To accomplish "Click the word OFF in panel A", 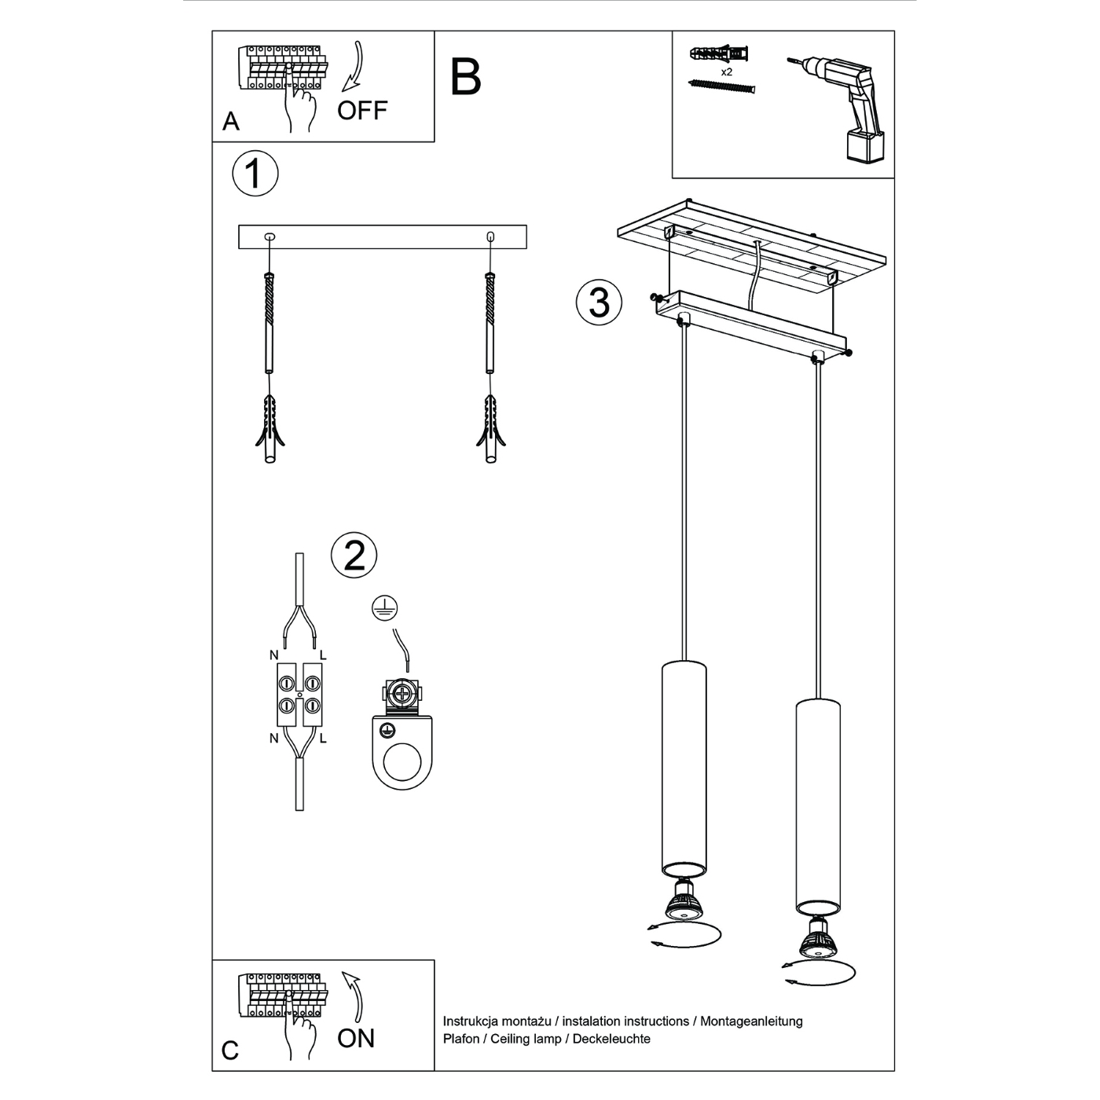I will coord(362,111).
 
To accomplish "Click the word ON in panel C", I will coord(356,1039).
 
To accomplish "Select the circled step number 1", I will coord(255,174).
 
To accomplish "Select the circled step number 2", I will coord(354,556).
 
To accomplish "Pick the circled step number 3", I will coord(599,302).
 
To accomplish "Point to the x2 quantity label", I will coord(727,71).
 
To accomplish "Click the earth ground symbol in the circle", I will coord(385,607).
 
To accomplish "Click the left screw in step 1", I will coord(269,322).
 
